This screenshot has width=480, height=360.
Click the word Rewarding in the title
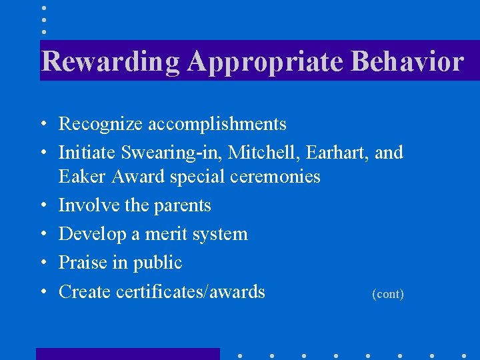(x=111, y=61)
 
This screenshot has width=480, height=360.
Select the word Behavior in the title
(x=407, y=61)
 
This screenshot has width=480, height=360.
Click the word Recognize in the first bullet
(x=101, y=124)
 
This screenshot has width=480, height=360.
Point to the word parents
(x=182, y=205)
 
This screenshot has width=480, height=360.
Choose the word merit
(x=167, y=234)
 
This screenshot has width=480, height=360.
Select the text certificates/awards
(x=190, y=291)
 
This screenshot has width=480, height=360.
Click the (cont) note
(x=387, y=294)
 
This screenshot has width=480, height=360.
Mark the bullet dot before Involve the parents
(x=42, y=206)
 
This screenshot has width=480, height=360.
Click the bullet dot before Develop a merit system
(x=42, y=235)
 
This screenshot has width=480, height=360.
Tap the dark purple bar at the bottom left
(x=127, y=353)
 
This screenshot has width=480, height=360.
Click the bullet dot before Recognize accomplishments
(x=42, y=125)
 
